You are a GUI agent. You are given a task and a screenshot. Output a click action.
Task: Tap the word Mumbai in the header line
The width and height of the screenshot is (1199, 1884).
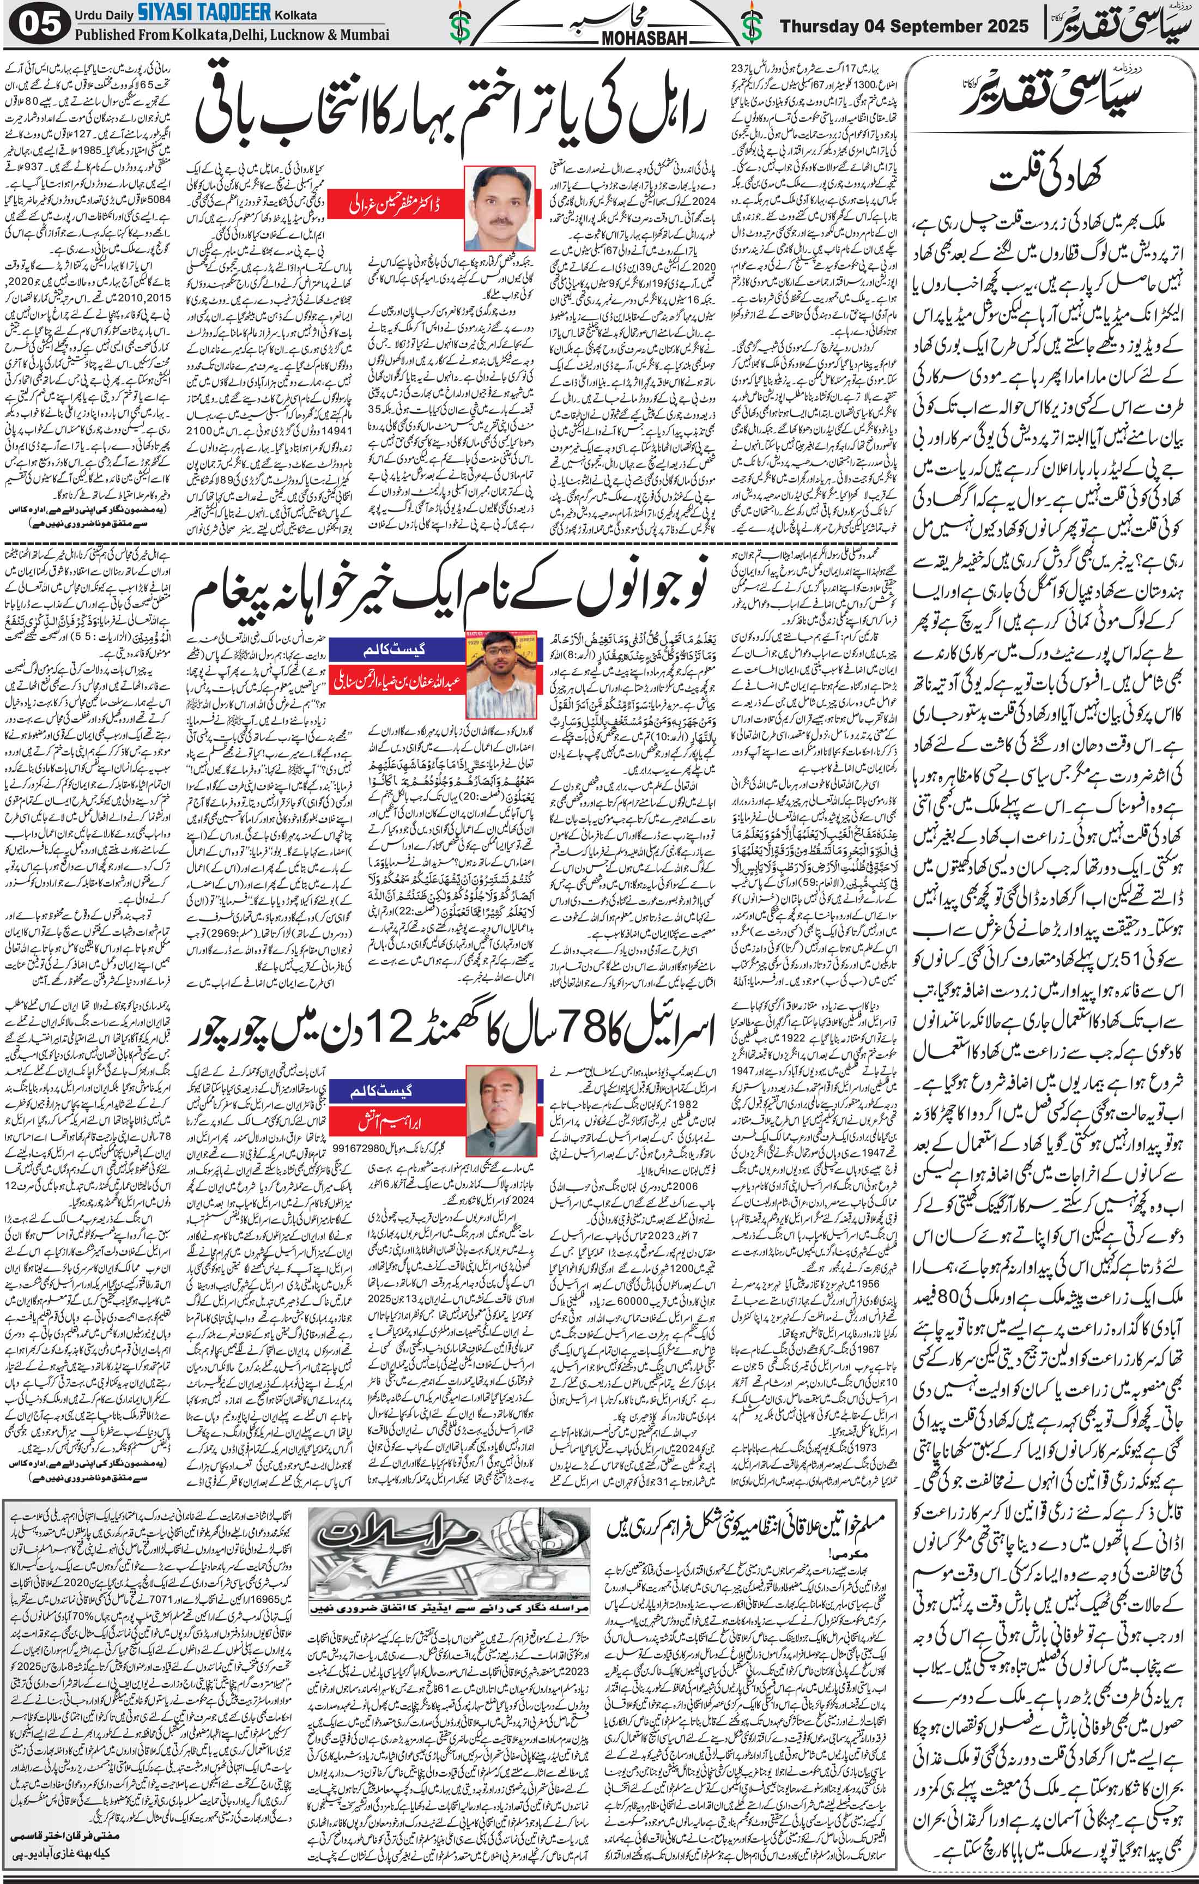coord(362,36)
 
